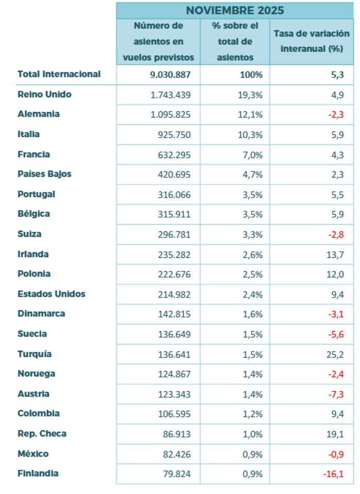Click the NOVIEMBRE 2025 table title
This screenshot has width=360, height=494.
point(235,10)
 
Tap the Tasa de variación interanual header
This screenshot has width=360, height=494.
point(312,42)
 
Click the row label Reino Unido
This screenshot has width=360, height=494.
point(44,95)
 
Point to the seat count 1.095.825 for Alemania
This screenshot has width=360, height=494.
point(171,115)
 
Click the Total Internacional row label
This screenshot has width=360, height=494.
point(59,74)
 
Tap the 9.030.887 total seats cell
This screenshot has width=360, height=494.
point(171,75)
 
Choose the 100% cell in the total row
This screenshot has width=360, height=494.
point(251,75)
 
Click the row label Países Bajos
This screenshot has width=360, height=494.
point(44,174)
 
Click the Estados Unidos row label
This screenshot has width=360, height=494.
point(51,295)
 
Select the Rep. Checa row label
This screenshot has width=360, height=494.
point(42,434)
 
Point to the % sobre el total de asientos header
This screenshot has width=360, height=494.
point(235,42)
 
